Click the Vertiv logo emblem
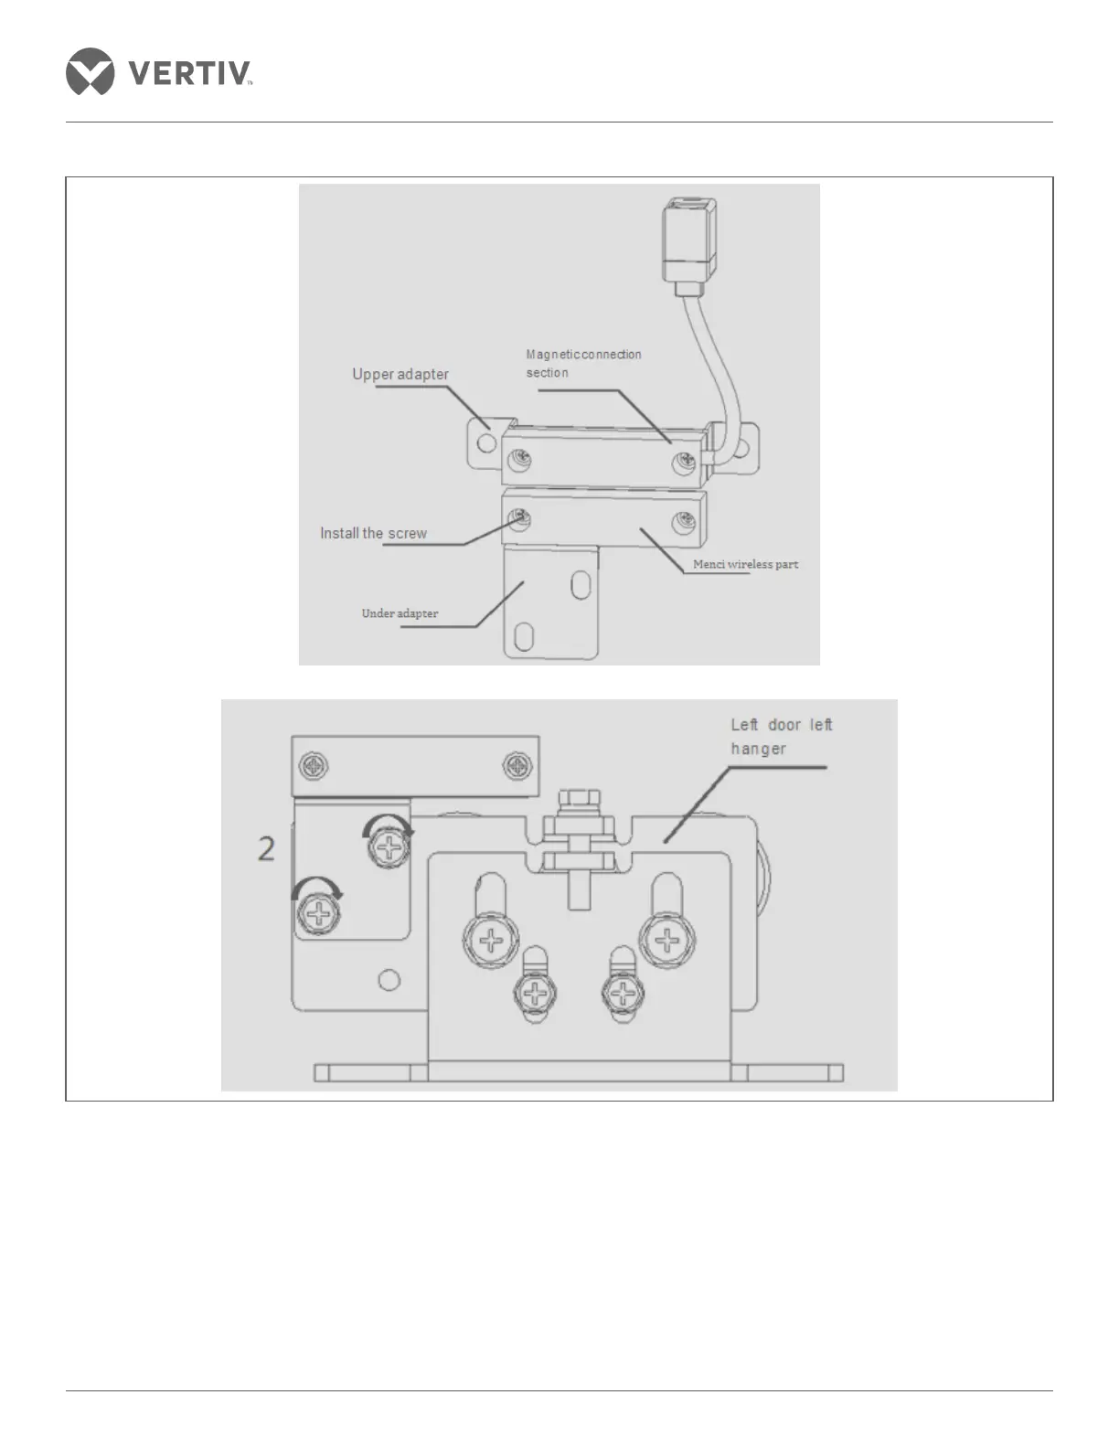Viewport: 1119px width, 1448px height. click(90, 71)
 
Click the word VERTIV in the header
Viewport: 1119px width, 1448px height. click(189, 73)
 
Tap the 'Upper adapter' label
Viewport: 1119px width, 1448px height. click(400, 374)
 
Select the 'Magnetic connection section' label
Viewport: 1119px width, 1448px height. click(583, 363)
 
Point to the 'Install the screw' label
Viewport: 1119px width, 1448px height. click(373, 533)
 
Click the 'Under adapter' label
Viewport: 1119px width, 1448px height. click(400, 613)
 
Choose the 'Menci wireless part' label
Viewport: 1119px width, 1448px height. click(745, 564)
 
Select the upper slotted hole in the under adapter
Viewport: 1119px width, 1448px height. click(581, 585)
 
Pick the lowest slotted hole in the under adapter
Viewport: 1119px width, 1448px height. click(524, 636)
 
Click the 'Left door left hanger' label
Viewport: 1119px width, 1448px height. click(782, 737)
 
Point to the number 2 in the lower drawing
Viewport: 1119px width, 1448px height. click(266, 849)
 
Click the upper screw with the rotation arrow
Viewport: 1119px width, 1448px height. click(389, 848)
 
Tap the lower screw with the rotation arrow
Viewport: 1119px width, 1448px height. click(319, 913)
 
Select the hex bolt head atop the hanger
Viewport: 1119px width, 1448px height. click(577, 802)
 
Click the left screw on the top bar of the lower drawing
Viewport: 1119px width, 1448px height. click(314, 766)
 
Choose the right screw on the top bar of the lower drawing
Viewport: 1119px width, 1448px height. click(518, 766)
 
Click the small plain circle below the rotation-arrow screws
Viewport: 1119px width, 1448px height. click(389, 981)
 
